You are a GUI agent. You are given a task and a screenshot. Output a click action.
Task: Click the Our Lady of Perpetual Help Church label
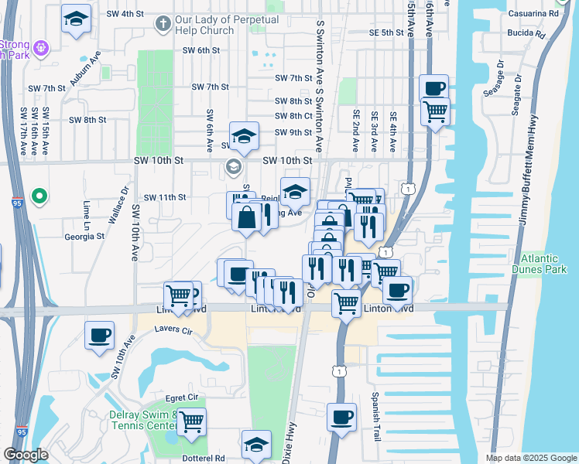point(205,25)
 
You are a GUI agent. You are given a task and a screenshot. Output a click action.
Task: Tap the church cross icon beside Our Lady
point(163,23)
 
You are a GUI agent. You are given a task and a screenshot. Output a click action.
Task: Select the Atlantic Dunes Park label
point(544,264)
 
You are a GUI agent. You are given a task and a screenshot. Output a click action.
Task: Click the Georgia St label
point(84,237)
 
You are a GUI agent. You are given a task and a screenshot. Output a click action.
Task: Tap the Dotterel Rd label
point(202,458)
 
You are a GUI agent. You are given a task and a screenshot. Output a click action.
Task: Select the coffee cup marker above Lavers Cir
point(100,336)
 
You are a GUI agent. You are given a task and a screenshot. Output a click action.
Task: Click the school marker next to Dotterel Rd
point(256,445)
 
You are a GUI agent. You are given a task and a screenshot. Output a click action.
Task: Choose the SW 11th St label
point(165,197)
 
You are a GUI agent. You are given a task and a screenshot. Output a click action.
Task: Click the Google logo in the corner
point(26,455)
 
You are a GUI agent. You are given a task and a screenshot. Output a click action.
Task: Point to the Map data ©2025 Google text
point(530,458)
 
